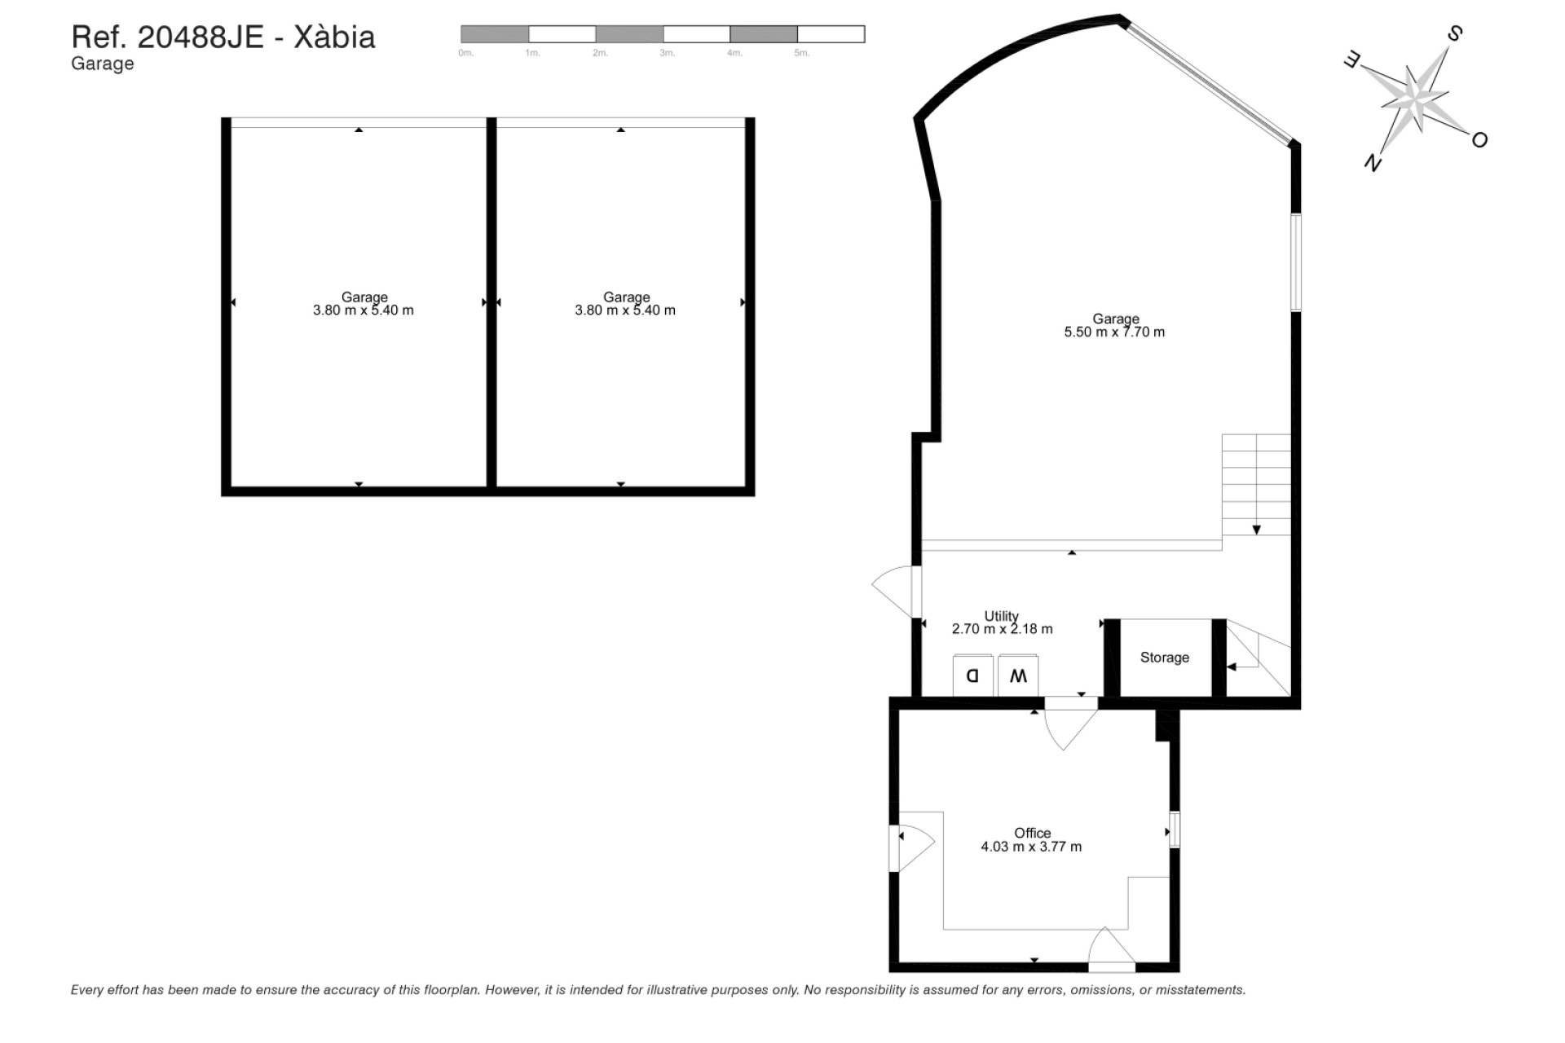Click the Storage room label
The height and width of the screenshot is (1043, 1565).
pyautogui.click(x=1164, y=658)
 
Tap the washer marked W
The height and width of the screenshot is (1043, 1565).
pyautogui.click(x=1018, y=676)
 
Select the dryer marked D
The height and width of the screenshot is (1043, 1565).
pyautogui.click(x=972, y=676)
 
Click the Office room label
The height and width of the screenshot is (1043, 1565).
pyautogui.click(x=1032, y=833)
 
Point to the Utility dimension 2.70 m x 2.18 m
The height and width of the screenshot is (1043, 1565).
pyautogui.click(x=1002, y=629)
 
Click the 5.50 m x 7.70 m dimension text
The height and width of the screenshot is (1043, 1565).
pyautogui.click(x=1114, y=332)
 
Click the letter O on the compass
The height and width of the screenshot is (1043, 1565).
pyautogui.click(x=1479, y=140)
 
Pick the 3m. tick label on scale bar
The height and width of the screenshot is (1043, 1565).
pyautogui.click(x=667, y=53)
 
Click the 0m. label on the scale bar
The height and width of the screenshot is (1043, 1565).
pyautogui.click(x=465, y=53)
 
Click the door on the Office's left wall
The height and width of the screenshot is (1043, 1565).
pyautogui.click(x=913, y=847)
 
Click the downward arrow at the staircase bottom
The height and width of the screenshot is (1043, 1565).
pyautogui.click(x=1256, y=530)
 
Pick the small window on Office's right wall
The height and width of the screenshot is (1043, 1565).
pyautogui.click(x=1175, y=830)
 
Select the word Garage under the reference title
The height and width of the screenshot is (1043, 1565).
pyautogui.click(x=102, y=64)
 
